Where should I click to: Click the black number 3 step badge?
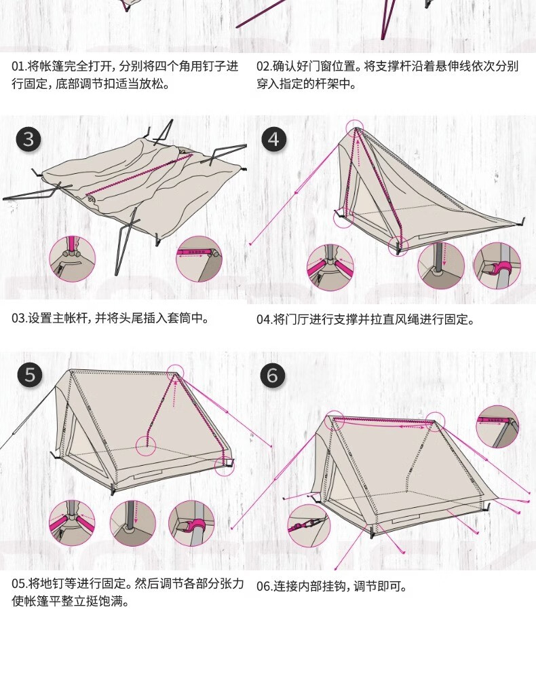(28, 140)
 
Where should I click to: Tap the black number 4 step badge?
(273, 140)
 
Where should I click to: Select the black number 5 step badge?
(29, 375)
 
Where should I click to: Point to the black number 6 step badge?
(273, 375)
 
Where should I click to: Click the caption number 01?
(20, 67)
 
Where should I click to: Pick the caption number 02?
(263, 67)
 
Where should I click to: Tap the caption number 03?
(20, 318)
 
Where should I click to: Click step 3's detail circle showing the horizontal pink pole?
(199, 259)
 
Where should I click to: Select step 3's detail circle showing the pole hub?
(73, 259)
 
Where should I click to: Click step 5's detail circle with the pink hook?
(191, 524)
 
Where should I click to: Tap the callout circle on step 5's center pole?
(147, 445)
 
